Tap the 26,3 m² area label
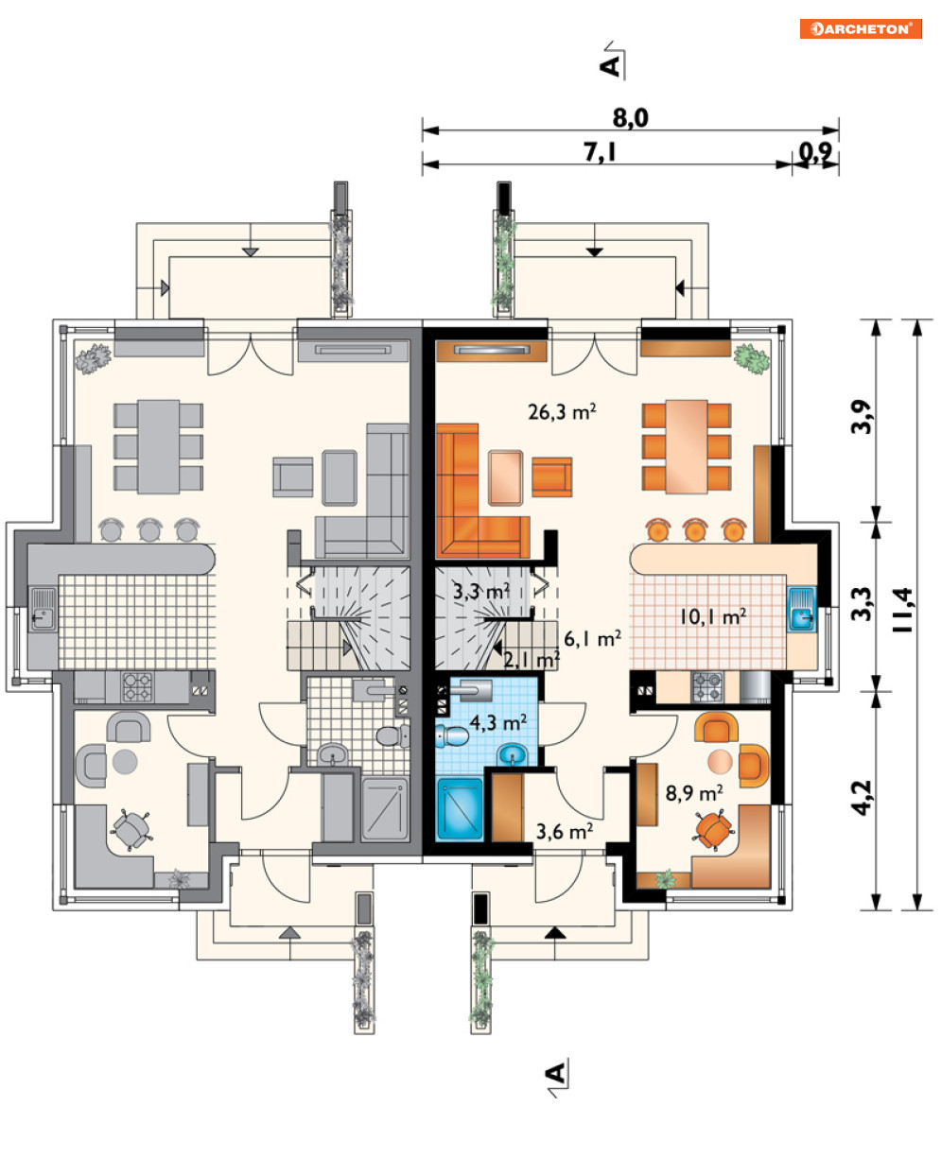tap(562, 411)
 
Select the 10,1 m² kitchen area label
tap(713, 617)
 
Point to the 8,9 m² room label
tap(694, 792)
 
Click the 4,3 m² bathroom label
tap(498, 722)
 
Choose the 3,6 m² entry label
tap(565, 831)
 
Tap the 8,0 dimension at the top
tap(630, 118)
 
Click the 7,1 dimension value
tap(601, 152)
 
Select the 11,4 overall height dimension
tap(902, 610)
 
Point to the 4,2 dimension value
tap(863, 799)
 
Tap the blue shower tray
tap(460, 809)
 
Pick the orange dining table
tap(687, 446)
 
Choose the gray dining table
tap(159, 446)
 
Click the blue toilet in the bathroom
tap(452, 735)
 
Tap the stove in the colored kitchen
tap(708, 687)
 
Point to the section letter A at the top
tap(610, 65)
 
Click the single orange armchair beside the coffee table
tap(551, 476)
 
